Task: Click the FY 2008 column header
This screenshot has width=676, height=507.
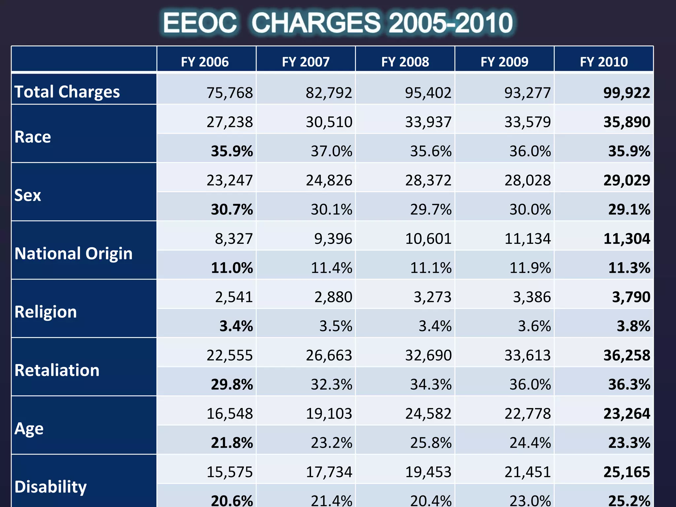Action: pyautogui.click(x=405, y=62)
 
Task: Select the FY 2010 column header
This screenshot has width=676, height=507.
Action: pyautogui.click(x=604, y=62)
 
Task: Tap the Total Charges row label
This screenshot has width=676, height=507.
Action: pyautogui.click(x=67, y=91)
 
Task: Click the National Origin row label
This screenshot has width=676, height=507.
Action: pyautogui.click(x=73, y=253)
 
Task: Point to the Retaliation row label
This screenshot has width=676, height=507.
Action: pyautogui.click(x=57, y=370)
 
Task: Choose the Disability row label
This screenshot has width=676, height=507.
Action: pyautogui.click(x=51, y=487)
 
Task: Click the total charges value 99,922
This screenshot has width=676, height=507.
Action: pyautogui.click(x=626, y=93)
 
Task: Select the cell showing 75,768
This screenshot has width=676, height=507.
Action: pyautogui.click(x=229, y=93)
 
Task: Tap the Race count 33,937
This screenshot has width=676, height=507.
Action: pyautogui.click(x=428, y=122)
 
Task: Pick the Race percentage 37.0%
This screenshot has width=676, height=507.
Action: pyautogui.click(x=331, y=151)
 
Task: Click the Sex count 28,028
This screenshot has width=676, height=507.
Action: pyautogui.click(x=527, y=180)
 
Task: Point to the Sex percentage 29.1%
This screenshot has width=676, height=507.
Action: pyautogui.click(x=629, y=210)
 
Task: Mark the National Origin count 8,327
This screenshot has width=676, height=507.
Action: pyautogui.click(x=234, y=239)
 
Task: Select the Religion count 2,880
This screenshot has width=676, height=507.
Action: pyautogui.click(x=333, y=297)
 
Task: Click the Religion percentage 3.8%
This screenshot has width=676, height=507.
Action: pyautogui.click(x=633, y=326)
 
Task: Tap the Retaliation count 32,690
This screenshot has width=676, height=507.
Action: pyautogui.click(x=428, y=355)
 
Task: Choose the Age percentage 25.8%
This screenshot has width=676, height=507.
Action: pyautogui.click(x=430, y=443)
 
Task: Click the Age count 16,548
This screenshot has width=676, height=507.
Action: pyautogui.click(x=229, y=414)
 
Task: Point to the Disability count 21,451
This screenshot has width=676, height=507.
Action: pyautogui.click(x=527, y=472)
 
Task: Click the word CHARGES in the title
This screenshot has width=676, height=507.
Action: pyautogui.click(x=316, y=23)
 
